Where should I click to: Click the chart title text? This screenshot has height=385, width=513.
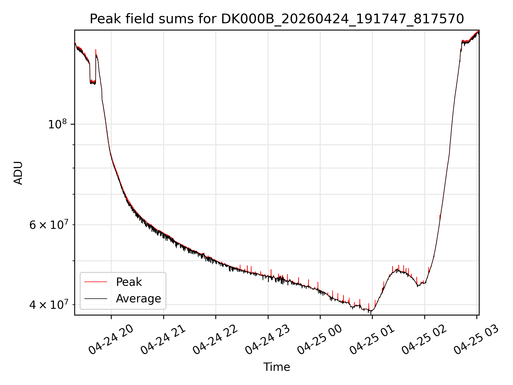click(x=277, y=19)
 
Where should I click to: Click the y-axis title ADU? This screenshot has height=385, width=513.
click(x=18, y=173)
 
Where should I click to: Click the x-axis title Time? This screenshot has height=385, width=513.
click(x=277, y=367)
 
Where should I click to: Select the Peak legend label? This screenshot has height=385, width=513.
click(x=129, y=282)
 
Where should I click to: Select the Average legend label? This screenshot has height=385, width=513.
click(x=138, y=298)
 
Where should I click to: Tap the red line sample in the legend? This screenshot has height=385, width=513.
click(x=96, y=282)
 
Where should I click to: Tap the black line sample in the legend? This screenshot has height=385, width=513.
click(x=96, y=298)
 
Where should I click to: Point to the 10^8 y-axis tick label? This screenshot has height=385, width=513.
click(x=57, y=124)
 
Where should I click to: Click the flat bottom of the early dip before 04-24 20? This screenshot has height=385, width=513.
click(x=93, y=82)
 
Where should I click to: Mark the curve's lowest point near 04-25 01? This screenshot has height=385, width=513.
click(x=371, y=311)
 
